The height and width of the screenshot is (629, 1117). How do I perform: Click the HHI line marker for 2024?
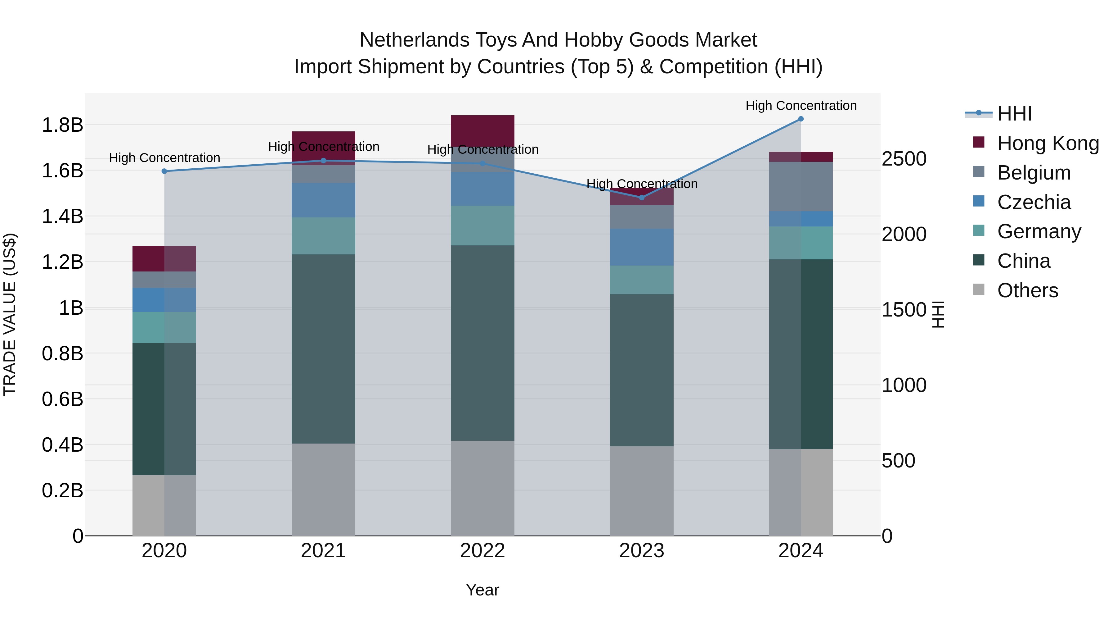[x=801, y=119]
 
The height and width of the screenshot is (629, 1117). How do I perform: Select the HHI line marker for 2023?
[x=642, y=198]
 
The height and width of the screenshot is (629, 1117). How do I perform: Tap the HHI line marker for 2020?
[x=164, y=171]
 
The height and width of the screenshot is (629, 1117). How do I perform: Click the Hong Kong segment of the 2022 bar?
[x=482, y=129]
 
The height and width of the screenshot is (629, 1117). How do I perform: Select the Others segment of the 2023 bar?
[x=641, y=491]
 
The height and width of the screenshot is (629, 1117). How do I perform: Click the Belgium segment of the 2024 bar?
[x=801, y=187]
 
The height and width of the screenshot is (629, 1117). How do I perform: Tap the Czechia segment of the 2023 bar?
[x=641, y=247]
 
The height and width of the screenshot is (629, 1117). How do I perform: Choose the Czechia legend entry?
[x=1034, y=202]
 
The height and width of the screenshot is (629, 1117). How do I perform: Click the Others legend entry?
[x=1027, y=290]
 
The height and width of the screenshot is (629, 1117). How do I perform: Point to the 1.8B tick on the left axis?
[x=62, y=125]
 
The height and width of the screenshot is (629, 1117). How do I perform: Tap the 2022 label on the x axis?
[x=482, y=551]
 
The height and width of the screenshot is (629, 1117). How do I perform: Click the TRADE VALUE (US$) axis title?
[x=10, y=314]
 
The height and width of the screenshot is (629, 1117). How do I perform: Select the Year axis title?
[x=482, y=590]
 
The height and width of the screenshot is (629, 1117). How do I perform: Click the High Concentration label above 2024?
[x=801, y=106]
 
